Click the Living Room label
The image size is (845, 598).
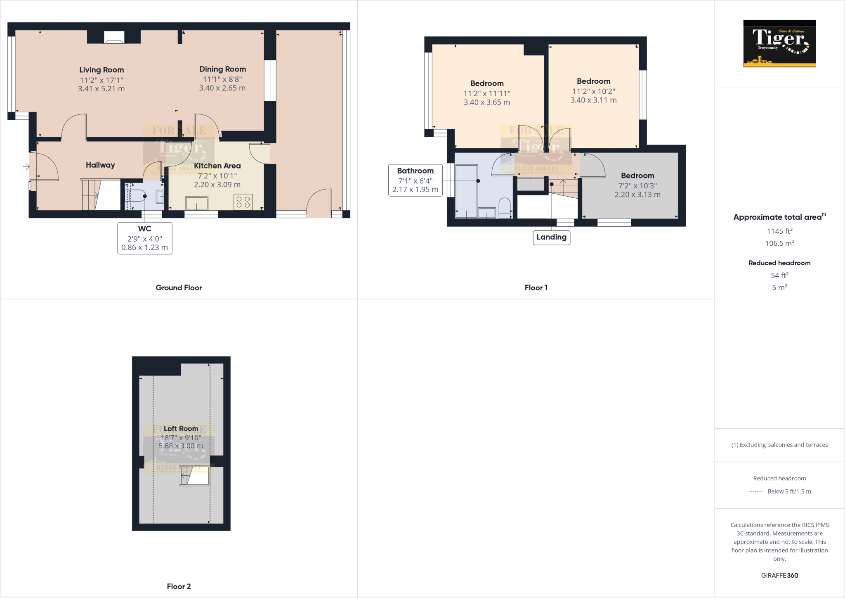(101, 70)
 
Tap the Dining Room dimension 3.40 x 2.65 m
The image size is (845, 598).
(222, 88)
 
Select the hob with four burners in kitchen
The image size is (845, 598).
(243, 202)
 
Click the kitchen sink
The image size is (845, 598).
(197, 203)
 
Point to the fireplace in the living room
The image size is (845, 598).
(114, 38)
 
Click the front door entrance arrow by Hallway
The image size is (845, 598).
(26, 167)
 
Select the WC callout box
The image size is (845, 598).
(144, 238)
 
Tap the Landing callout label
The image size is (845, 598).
(551, 237)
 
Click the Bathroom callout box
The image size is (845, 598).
(415, 180)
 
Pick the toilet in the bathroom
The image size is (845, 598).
(505, 207)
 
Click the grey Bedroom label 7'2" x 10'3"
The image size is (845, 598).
(637, 176)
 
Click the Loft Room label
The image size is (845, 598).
(181, 429)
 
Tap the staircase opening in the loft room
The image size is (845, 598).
(195, 475)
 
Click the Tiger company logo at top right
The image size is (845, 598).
(779, 43)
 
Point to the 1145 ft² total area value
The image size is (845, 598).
(779, 232)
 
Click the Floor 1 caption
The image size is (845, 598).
(536, 288)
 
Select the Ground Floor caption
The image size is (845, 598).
(179, 288)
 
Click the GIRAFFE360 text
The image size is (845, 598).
(779, 575)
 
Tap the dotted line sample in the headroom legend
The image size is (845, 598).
(755, 492)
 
